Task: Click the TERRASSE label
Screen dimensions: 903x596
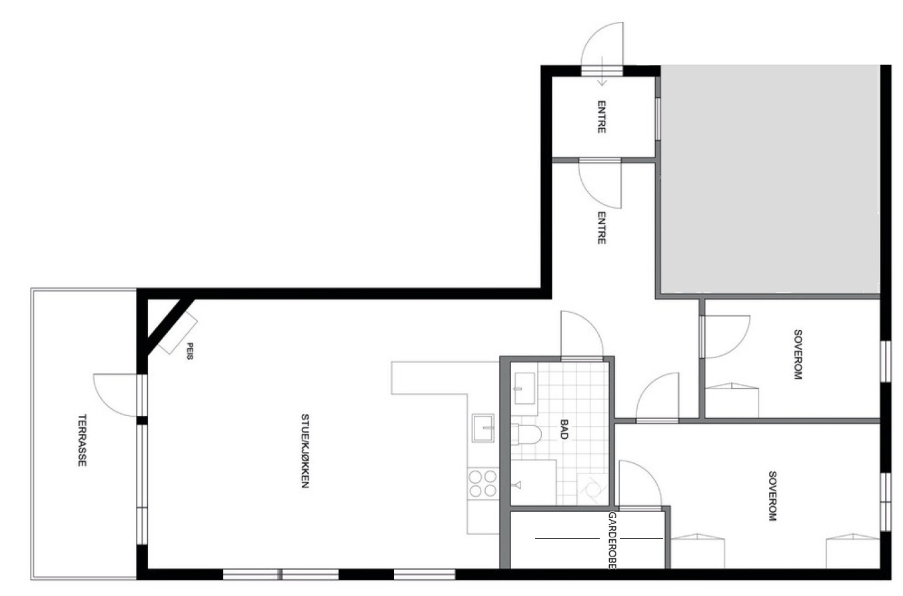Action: [82, 440]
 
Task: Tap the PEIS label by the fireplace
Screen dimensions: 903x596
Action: [191, 351]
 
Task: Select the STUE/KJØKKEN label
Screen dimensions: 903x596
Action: [305, 451]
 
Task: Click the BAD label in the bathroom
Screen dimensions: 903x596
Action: [564, 429]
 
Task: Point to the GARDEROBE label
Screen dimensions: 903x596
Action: [612, 541]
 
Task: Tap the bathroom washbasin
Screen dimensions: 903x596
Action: [524, 388]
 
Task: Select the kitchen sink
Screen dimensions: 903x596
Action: [483, 428]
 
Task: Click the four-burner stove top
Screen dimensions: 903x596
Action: [483, 484]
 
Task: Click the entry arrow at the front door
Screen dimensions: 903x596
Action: [602, 71]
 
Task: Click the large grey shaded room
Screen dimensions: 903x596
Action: [770, 179]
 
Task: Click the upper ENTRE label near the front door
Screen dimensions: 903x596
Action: [601, 117]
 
